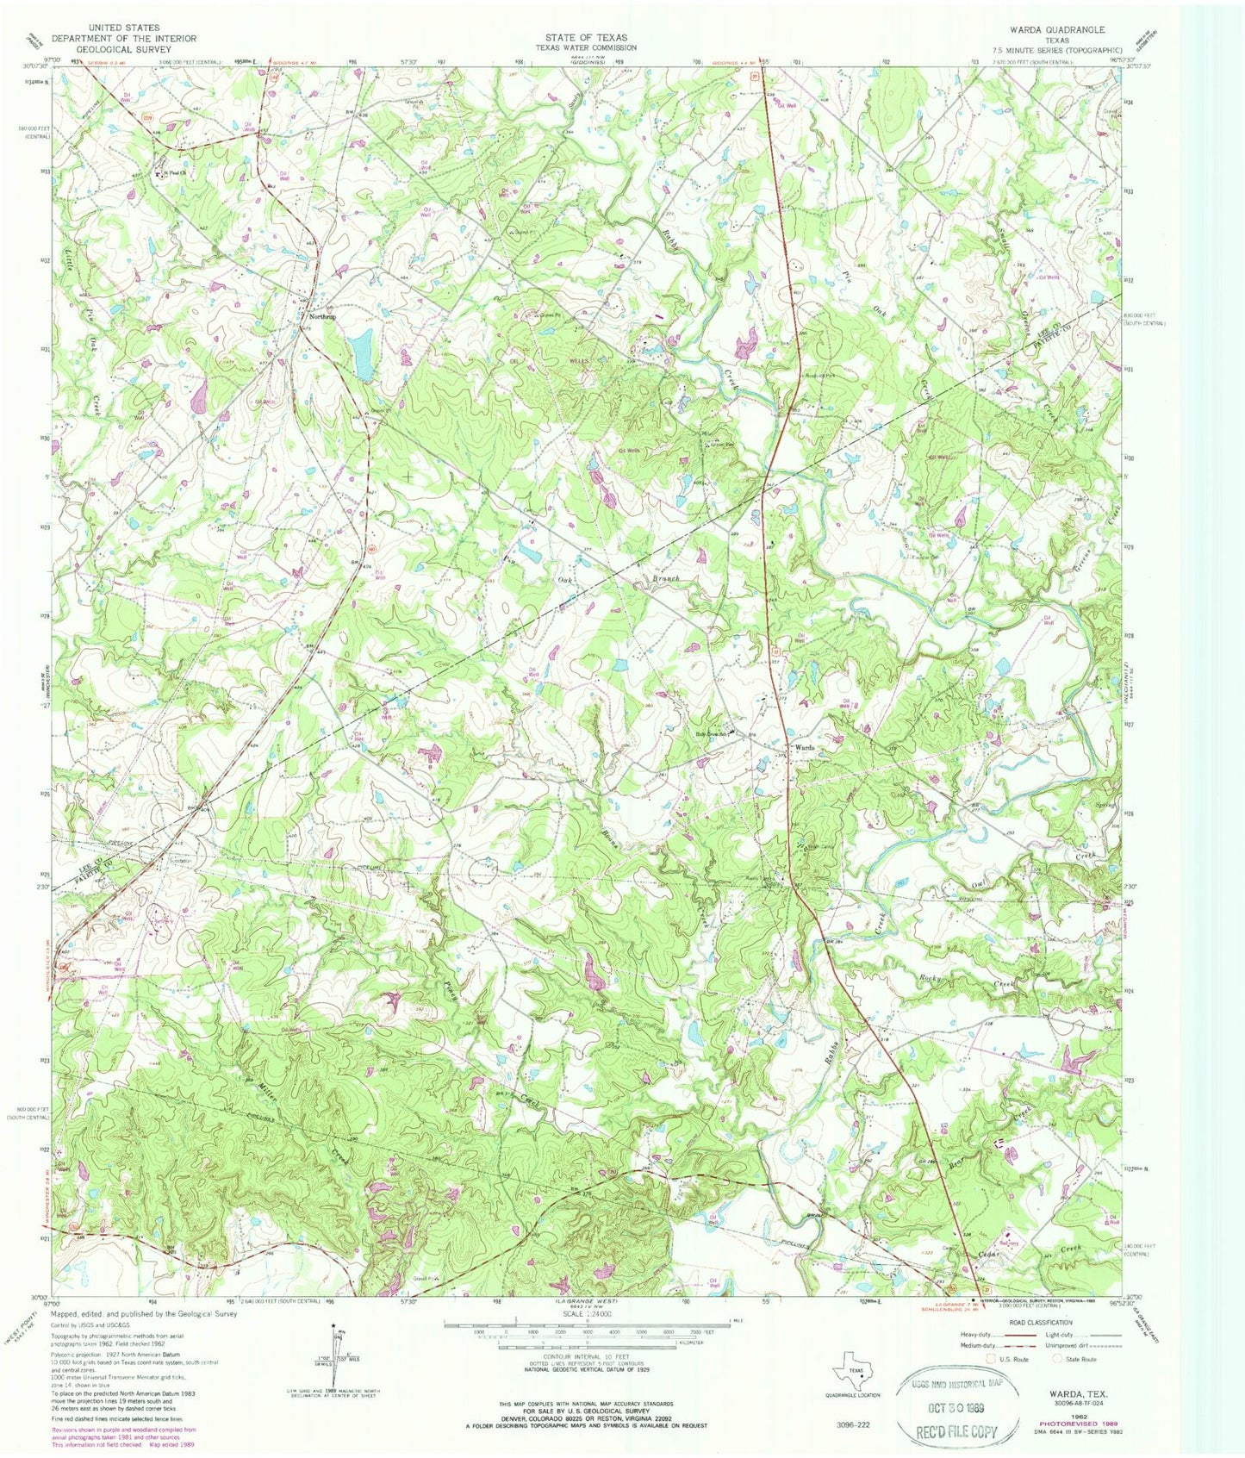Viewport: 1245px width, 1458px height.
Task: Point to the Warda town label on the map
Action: (x=805, y=746)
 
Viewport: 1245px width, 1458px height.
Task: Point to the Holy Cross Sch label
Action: (x=714, y=735)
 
